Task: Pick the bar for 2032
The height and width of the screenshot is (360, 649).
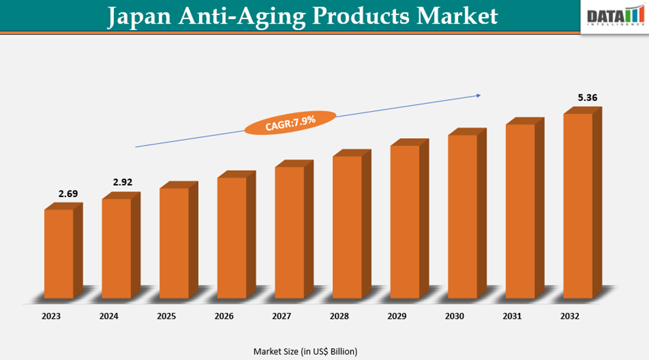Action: coord(578,206)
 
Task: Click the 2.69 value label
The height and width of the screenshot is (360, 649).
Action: coord(67,194)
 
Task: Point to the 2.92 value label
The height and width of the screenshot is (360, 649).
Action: coord(122,182)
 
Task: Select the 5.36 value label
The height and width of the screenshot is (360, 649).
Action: coord(587,98)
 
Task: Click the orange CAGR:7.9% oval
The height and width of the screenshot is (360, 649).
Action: coord(290,122)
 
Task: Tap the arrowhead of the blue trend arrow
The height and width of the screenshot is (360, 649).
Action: coord(478,96)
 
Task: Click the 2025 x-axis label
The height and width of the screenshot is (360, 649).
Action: coord(166,316)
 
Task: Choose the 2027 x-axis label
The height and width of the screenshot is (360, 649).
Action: coord(281,316)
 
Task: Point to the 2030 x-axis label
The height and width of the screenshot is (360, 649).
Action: coord(454,316)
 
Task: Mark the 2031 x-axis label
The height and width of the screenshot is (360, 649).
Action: coord(512,316)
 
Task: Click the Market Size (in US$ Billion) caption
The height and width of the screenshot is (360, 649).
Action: coord(306,351)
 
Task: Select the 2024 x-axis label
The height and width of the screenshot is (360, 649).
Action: coord(109,316)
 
